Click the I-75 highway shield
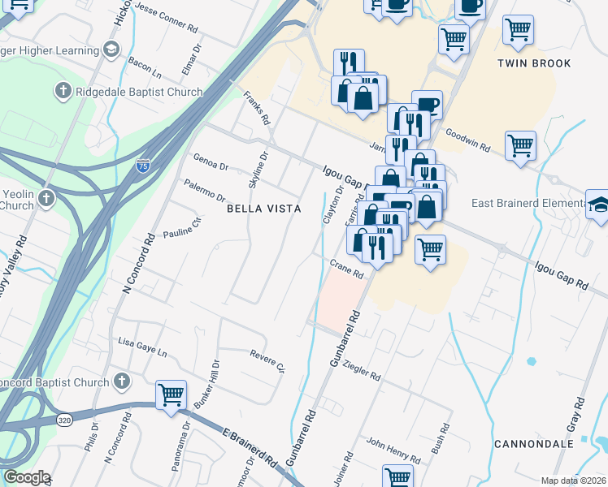[x=142, y=166]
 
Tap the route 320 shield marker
[x=65, y=420]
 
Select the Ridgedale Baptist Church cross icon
[x=63, y=92]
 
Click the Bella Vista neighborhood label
[x=263, y=209]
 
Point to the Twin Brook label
[x=534, y=63]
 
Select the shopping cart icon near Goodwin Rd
[x=520, y=146]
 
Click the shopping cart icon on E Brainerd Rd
[x=171, y=395]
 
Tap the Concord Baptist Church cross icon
[x=121, y=381]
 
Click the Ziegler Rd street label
[x=363, y=371]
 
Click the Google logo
[x=26, y=477]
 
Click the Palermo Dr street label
[x=205, y=192]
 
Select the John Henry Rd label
[x=393, y=450]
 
